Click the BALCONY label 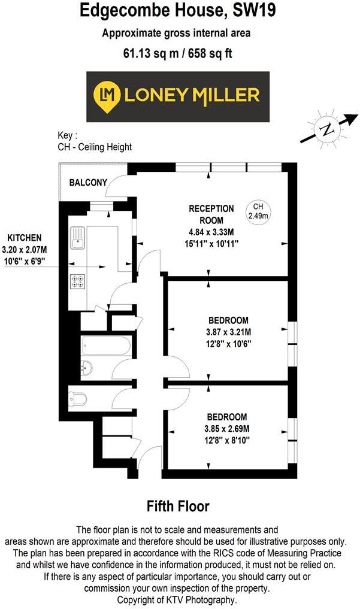click(x=88, y=183)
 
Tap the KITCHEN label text click(x=25, y=238)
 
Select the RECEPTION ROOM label click(x=211, y=214)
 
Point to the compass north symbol click(x=327, y=129)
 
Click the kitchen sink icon click(x=78, y=237)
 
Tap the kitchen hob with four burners click(x=78, y=281)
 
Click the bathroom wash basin click(x=87, y=368)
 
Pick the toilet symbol click(x=78, y=398)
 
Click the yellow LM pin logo click(x=107, y=95)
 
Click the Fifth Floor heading click(x=179, y=506)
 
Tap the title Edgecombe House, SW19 click(x=179, y=11)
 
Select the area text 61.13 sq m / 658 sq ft click(x=178, y=53)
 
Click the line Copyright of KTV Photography click(x=177, y=599)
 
